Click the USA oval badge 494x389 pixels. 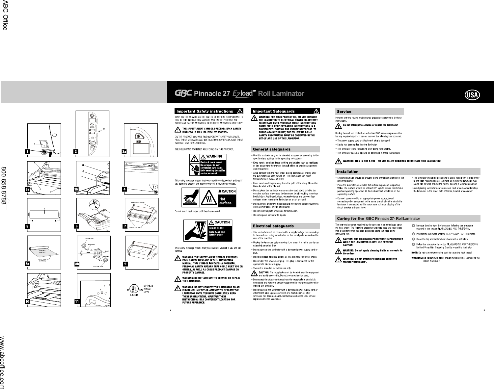click(472, 95)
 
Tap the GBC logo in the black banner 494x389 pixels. click(183, 94)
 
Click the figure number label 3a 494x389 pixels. click(28, 189)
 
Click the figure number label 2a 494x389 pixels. click(124, 151)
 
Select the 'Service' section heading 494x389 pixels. click(344, 112)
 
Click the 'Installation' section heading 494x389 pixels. click(347, 171)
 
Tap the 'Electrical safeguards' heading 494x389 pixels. click(273, 226)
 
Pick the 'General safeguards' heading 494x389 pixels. click(271, 149)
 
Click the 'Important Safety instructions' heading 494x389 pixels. click(205, 111)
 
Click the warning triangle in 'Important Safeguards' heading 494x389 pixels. click(316, 111)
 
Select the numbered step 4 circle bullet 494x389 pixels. click(413, 244)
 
